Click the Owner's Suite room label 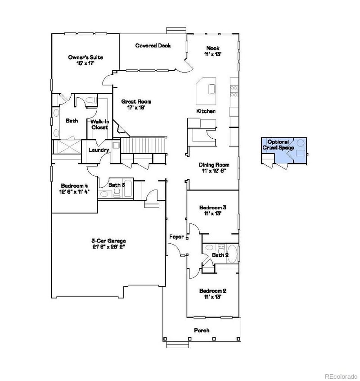(85, 60)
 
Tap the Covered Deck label (153, 45)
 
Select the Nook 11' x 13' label (212, 51)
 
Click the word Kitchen (206, 111)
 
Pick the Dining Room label (214, 168)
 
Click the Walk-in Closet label (99, 124)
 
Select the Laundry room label (99, 150)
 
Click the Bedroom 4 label (74, 188)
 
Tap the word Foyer (176, 236)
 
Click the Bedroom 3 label (212, 210)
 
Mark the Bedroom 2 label (212, 294)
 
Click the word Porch (201, 330)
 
